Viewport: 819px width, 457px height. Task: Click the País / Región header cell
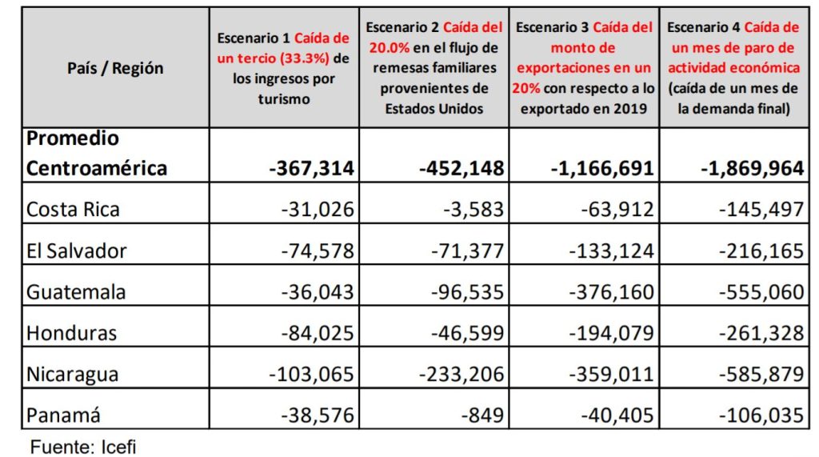pos(115,68)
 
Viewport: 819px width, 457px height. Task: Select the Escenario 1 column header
pos(283,68)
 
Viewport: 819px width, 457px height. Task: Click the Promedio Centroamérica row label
pos(97,153)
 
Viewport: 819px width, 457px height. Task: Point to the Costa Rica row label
pos(74,210)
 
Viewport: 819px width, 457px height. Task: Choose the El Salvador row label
pos(77,251)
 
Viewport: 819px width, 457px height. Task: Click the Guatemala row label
pos(76,292)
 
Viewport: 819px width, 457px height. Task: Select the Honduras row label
pos(71,333)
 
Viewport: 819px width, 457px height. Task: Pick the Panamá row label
pos(65,415)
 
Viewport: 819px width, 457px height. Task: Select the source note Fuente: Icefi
pos(78,445)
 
